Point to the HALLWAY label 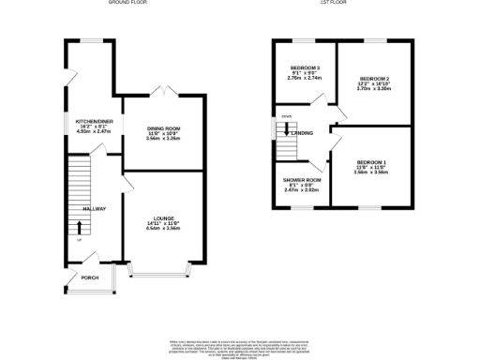(x=93, y=208)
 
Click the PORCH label (x=90, y=277)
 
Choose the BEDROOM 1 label (x=371, y=162)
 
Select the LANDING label (x=302, y=133)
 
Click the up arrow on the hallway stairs (x=79, y=227)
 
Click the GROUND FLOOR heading (x=127, y=4)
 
